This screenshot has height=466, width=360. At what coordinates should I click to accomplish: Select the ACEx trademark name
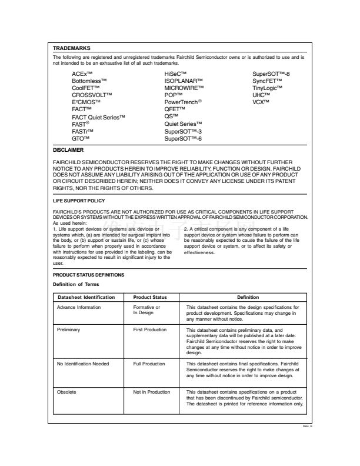coord(83,74)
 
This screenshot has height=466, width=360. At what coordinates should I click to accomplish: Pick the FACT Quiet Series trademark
coord(99,118)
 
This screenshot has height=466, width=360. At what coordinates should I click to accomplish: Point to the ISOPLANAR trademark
coord(184,80)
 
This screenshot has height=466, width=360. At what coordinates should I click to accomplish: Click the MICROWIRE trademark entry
coord(184,88)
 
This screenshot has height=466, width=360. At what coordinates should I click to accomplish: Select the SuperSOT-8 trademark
coord(271,74)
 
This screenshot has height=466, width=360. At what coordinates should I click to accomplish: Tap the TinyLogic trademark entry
coord(268,88)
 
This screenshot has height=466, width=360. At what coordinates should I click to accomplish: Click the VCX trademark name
coord(261,102)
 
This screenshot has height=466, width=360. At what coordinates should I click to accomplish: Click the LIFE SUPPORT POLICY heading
coord(79,201)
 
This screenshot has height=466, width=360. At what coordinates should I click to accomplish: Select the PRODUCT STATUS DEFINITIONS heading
coord(87,275)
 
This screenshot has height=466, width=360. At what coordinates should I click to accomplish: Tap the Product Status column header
coord(150,297)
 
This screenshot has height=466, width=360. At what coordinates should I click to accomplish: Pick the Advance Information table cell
coord(78,307)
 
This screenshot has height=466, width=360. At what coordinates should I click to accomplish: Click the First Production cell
coord(150,330)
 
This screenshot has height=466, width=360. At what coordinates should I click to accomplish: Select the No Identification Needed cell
coord(83,364)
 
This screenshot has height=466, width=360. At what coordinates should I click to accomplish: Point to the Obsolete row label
coord(66,391)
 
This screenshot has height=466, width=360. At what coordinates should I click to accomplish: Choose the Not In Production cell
coord(151,391)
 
